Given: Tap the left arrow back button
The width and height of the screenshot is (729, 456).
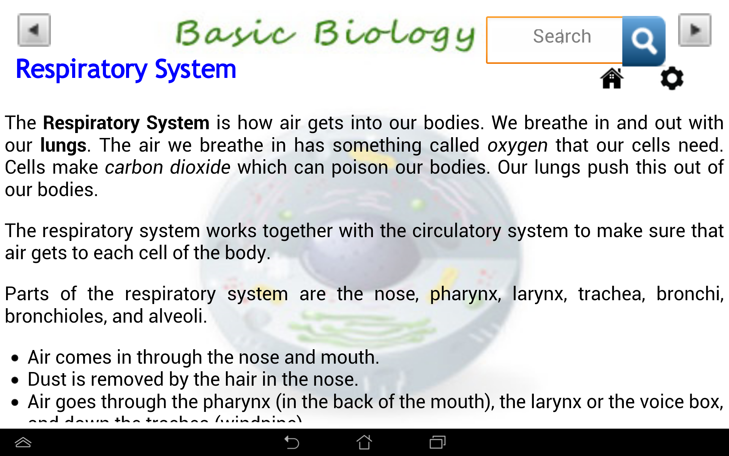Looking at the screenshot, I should (x=34, y=30).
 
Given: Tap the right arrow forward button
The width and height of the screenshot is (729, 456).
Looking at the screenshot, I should (x=694, y=30).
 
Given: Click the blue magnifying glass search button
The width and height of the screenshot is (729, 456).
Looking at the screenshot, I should (x=644, y=41).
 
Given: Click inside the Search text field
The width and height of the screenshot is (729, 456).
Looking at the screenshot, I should (x=554, y=40).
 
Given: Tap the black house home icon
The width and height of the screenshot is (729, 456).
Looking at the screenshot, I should (x=612, y=78).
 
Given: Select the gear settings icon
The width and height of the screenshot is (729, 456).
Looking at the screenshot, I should (x=672, y=78).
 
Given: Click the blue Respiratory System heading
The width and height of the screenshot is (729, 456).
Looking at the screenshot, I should (x=126, y=69).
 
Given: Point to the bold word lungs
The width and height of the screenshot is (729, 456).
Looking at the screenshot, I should (x=63, y=146).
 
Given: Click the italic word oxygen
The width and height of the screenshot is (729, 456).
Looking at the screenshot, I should (x=518, y=146).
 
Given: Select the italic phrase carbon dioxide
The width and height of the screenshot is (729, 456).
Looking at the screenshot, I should (x=167, y=168).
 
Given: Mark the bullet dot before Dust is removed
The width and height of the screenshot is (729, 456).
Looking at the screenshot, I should (x=15, y=380).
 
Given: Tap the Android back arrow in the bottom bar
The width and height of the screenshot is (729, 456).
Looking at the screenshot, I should (x=292, y=442).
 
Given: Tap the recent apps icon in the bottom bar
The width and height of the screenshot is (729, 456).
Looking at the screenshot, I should (x=437, y=442).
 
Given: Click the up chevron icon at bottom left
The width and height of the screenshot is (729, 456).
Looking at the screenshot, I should (x=23, y=442).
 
